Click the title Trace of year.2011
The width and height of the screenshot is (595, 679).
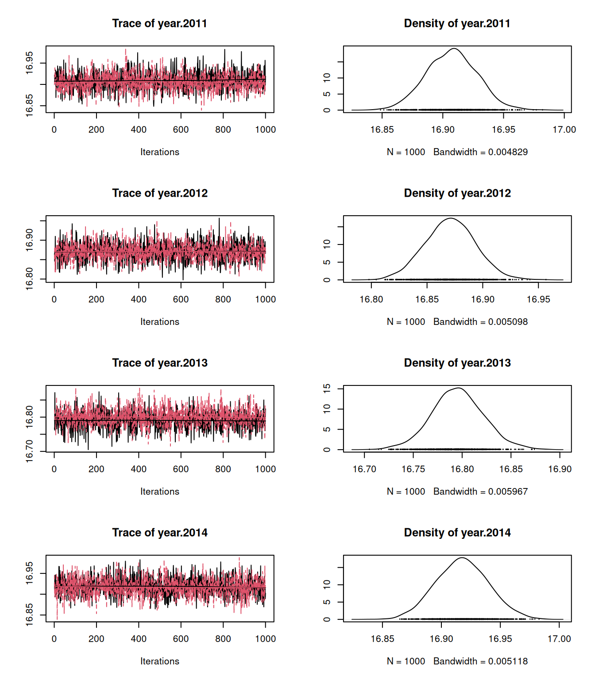[x=159, y=23]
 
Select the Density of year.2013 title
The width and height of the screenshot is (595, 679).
[x=457, y=363]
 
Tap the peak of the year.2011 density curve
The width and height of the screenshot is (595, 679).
[x=454, y=49]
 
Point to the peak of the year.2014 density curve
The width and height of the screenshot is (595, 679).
[x=462, y=558]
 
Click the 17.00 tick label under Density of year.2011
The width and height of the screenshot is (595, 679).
[x=564, y=130]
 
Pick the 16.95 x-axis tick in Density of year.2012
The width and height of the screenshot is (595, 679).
[x=538, y=299]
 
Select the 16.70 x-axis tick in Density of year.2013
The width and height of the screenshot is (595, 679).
[x=364, y=469]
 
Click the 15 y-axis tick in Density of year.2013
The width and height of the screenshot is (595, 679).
[x=327, y=389]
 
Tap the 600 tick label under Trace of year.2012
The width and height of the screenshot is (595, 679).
[x=181, y=299]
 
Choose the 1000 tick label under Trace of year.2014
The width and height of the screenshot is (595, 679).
[x=265, y=639]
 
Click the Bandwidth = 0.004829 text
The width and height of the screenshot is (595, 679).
[x=480, y=152]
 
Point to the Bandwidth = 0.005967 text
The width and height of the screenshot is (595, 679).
[x=480, y=492]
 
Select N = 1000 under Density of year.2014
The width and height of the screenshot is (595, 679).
[x=406, y=661]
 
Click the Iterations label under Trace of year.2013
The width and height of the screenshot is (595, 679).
[x=159, y=492]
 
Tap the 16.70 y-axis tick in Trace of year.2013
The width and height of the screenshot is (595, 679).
[x=29, y=451]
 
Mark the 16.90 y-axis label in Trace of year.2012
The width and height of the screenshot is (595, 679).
[x=29, y=240]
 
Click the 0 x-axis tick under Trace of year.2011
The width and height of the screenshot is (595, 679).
[x=54, y=130]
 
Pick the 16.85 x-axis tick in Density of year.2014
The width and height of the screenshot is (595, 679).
[x=382, y=639]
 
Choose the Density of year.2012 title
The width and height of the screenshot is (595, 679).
[x=457, y=193]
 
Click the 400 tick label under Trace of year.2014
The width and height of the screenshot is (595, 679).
[x=139, y=639]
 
